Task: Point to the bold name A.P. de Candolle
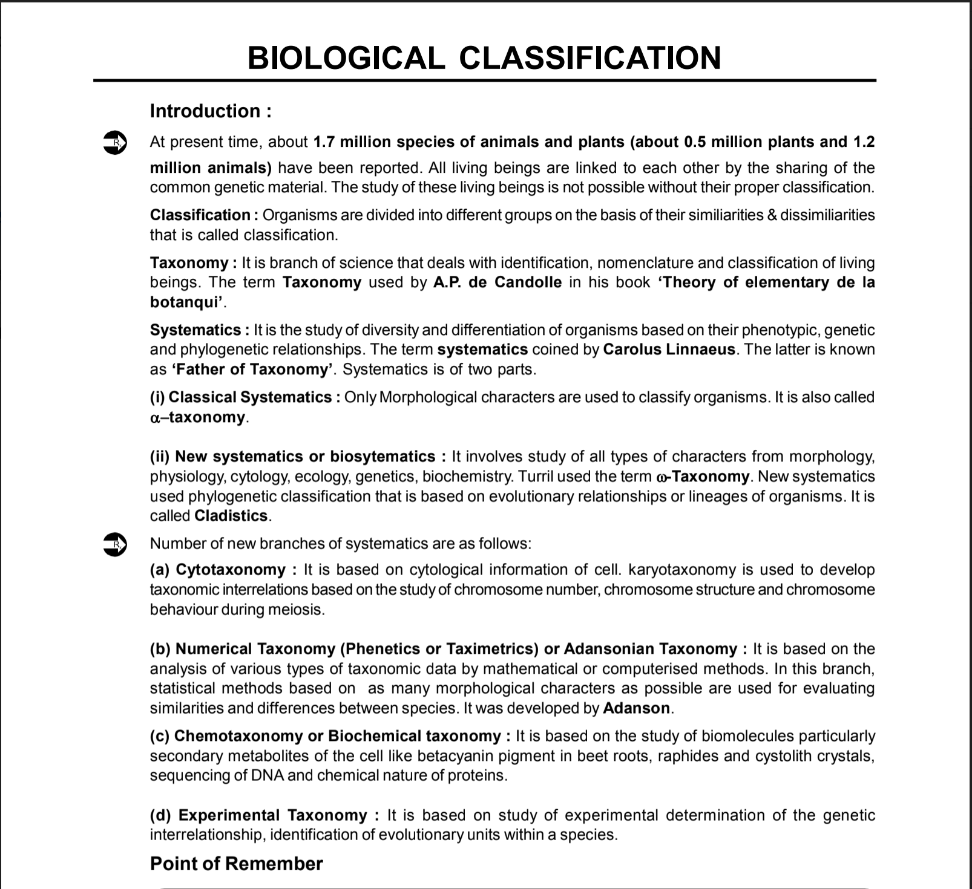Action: [497, 282]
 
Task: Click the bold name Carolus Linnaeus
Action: [669, 350]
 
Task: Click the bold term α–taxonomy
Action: [199, 417]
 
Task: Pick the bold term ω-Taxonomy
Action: [703, 477]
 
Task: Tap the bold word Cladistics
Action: [231, 516]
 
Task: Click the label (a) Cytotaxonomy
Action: [218, 570]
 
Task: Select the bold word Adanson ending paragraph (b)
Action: [637, 708]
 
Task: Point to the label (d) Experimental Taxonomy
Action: [258, 815]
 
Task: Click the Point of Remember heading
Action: [236, 864]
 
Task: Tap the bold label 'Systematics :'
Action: [199, 330]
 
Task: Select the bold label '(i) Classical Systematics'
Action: [241, 397]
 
